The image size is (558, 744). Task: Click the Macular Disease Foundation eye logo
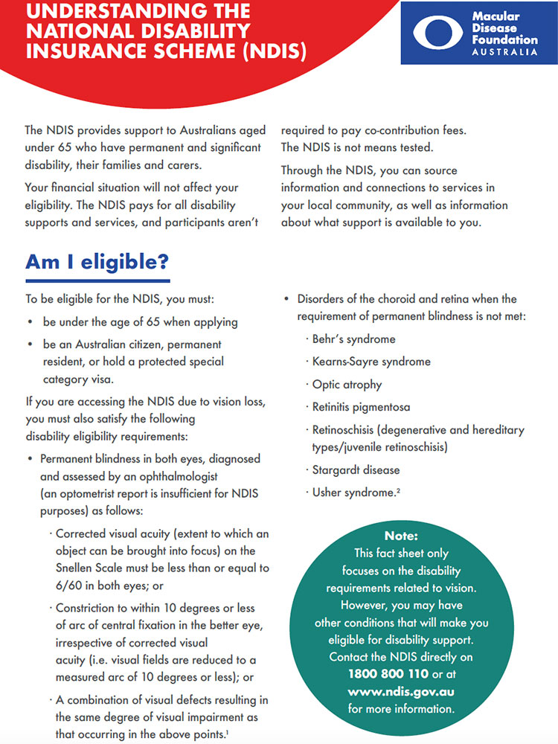click(x=439, y=33)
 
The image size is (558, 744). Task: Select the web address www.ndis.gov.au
click(x=401, y=691)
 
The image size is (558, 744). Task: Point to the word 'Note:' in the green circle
click(x=401, y=536)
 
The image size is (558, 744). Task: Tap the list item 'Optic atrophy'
click(x=347, y=385)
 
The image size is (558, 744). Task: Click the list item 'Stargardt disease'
click(x=356, y=470)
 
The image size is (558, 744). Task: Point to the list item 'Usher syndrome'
click(x=352, y=493)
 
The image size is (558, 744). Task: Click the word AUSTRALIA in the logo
click(x=504, y=52)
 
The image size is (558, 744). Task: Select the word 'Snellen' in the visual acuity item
click(x=76, y=568)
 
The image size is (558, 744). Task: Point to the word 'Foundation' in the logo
click(x=504, y=39)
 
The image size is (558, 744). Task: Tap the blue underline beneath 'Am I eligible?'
click(x=97, y=280)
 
